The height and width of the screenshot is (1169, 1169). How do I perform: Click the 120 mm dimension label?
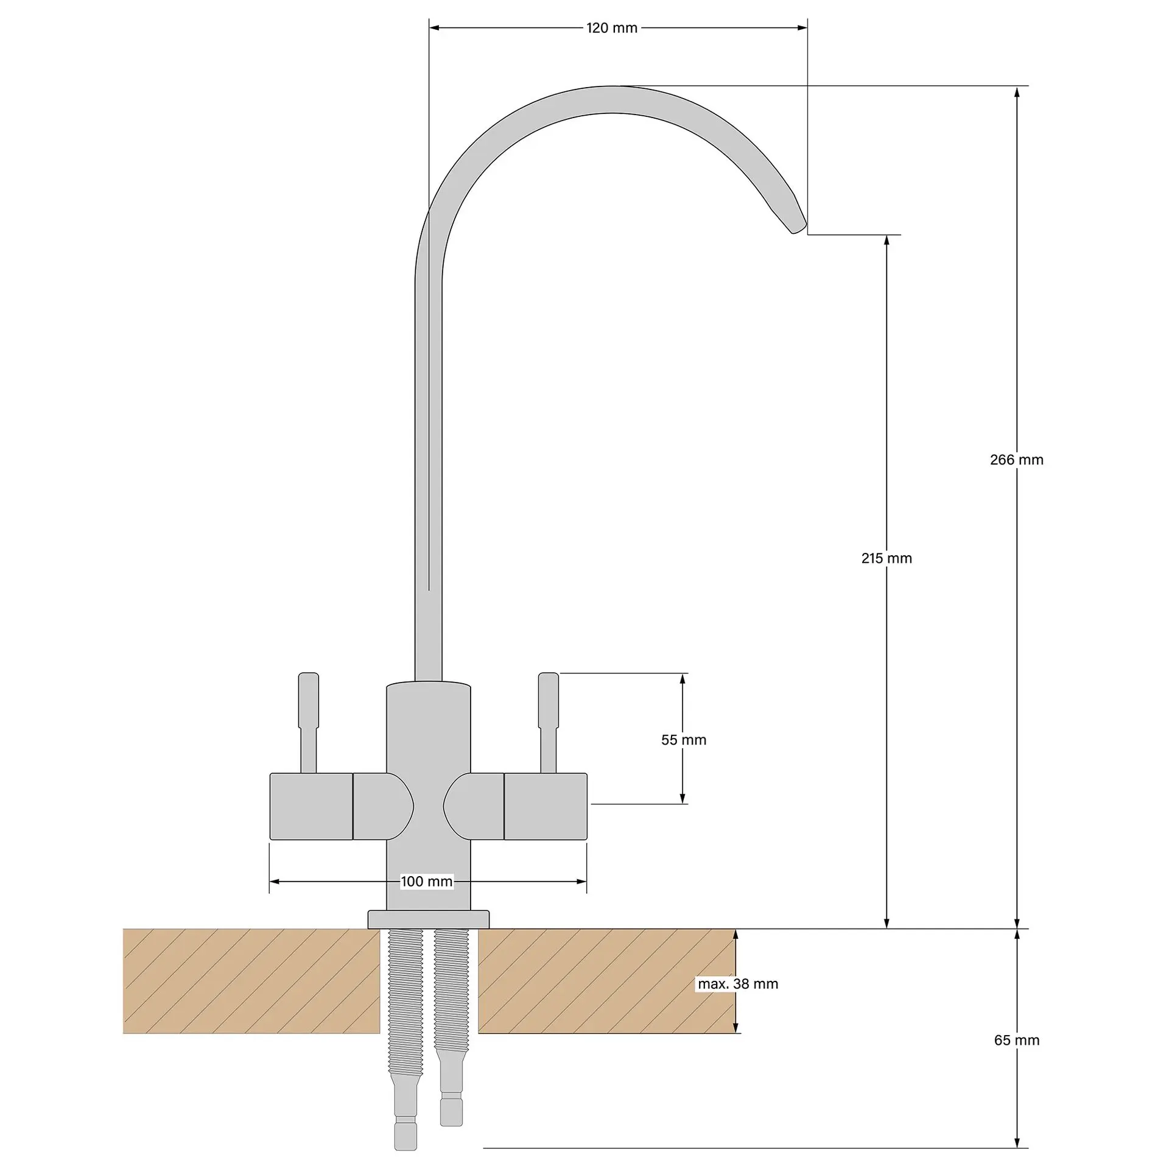click(612, 28)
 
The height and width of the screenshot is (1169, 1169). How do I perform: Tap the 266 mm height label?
click(1017, 460)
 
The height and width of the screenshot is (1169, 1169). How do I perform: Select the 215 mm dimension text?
click(886, 558)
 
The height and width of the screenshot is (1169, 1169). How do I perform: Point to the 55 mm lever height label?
click(684, 740)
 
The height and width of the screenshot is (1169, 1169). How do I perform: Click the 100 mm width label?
click(427, 881)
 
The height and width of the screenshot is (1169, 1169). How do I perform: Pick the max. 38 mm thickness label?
click(738, 984)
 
